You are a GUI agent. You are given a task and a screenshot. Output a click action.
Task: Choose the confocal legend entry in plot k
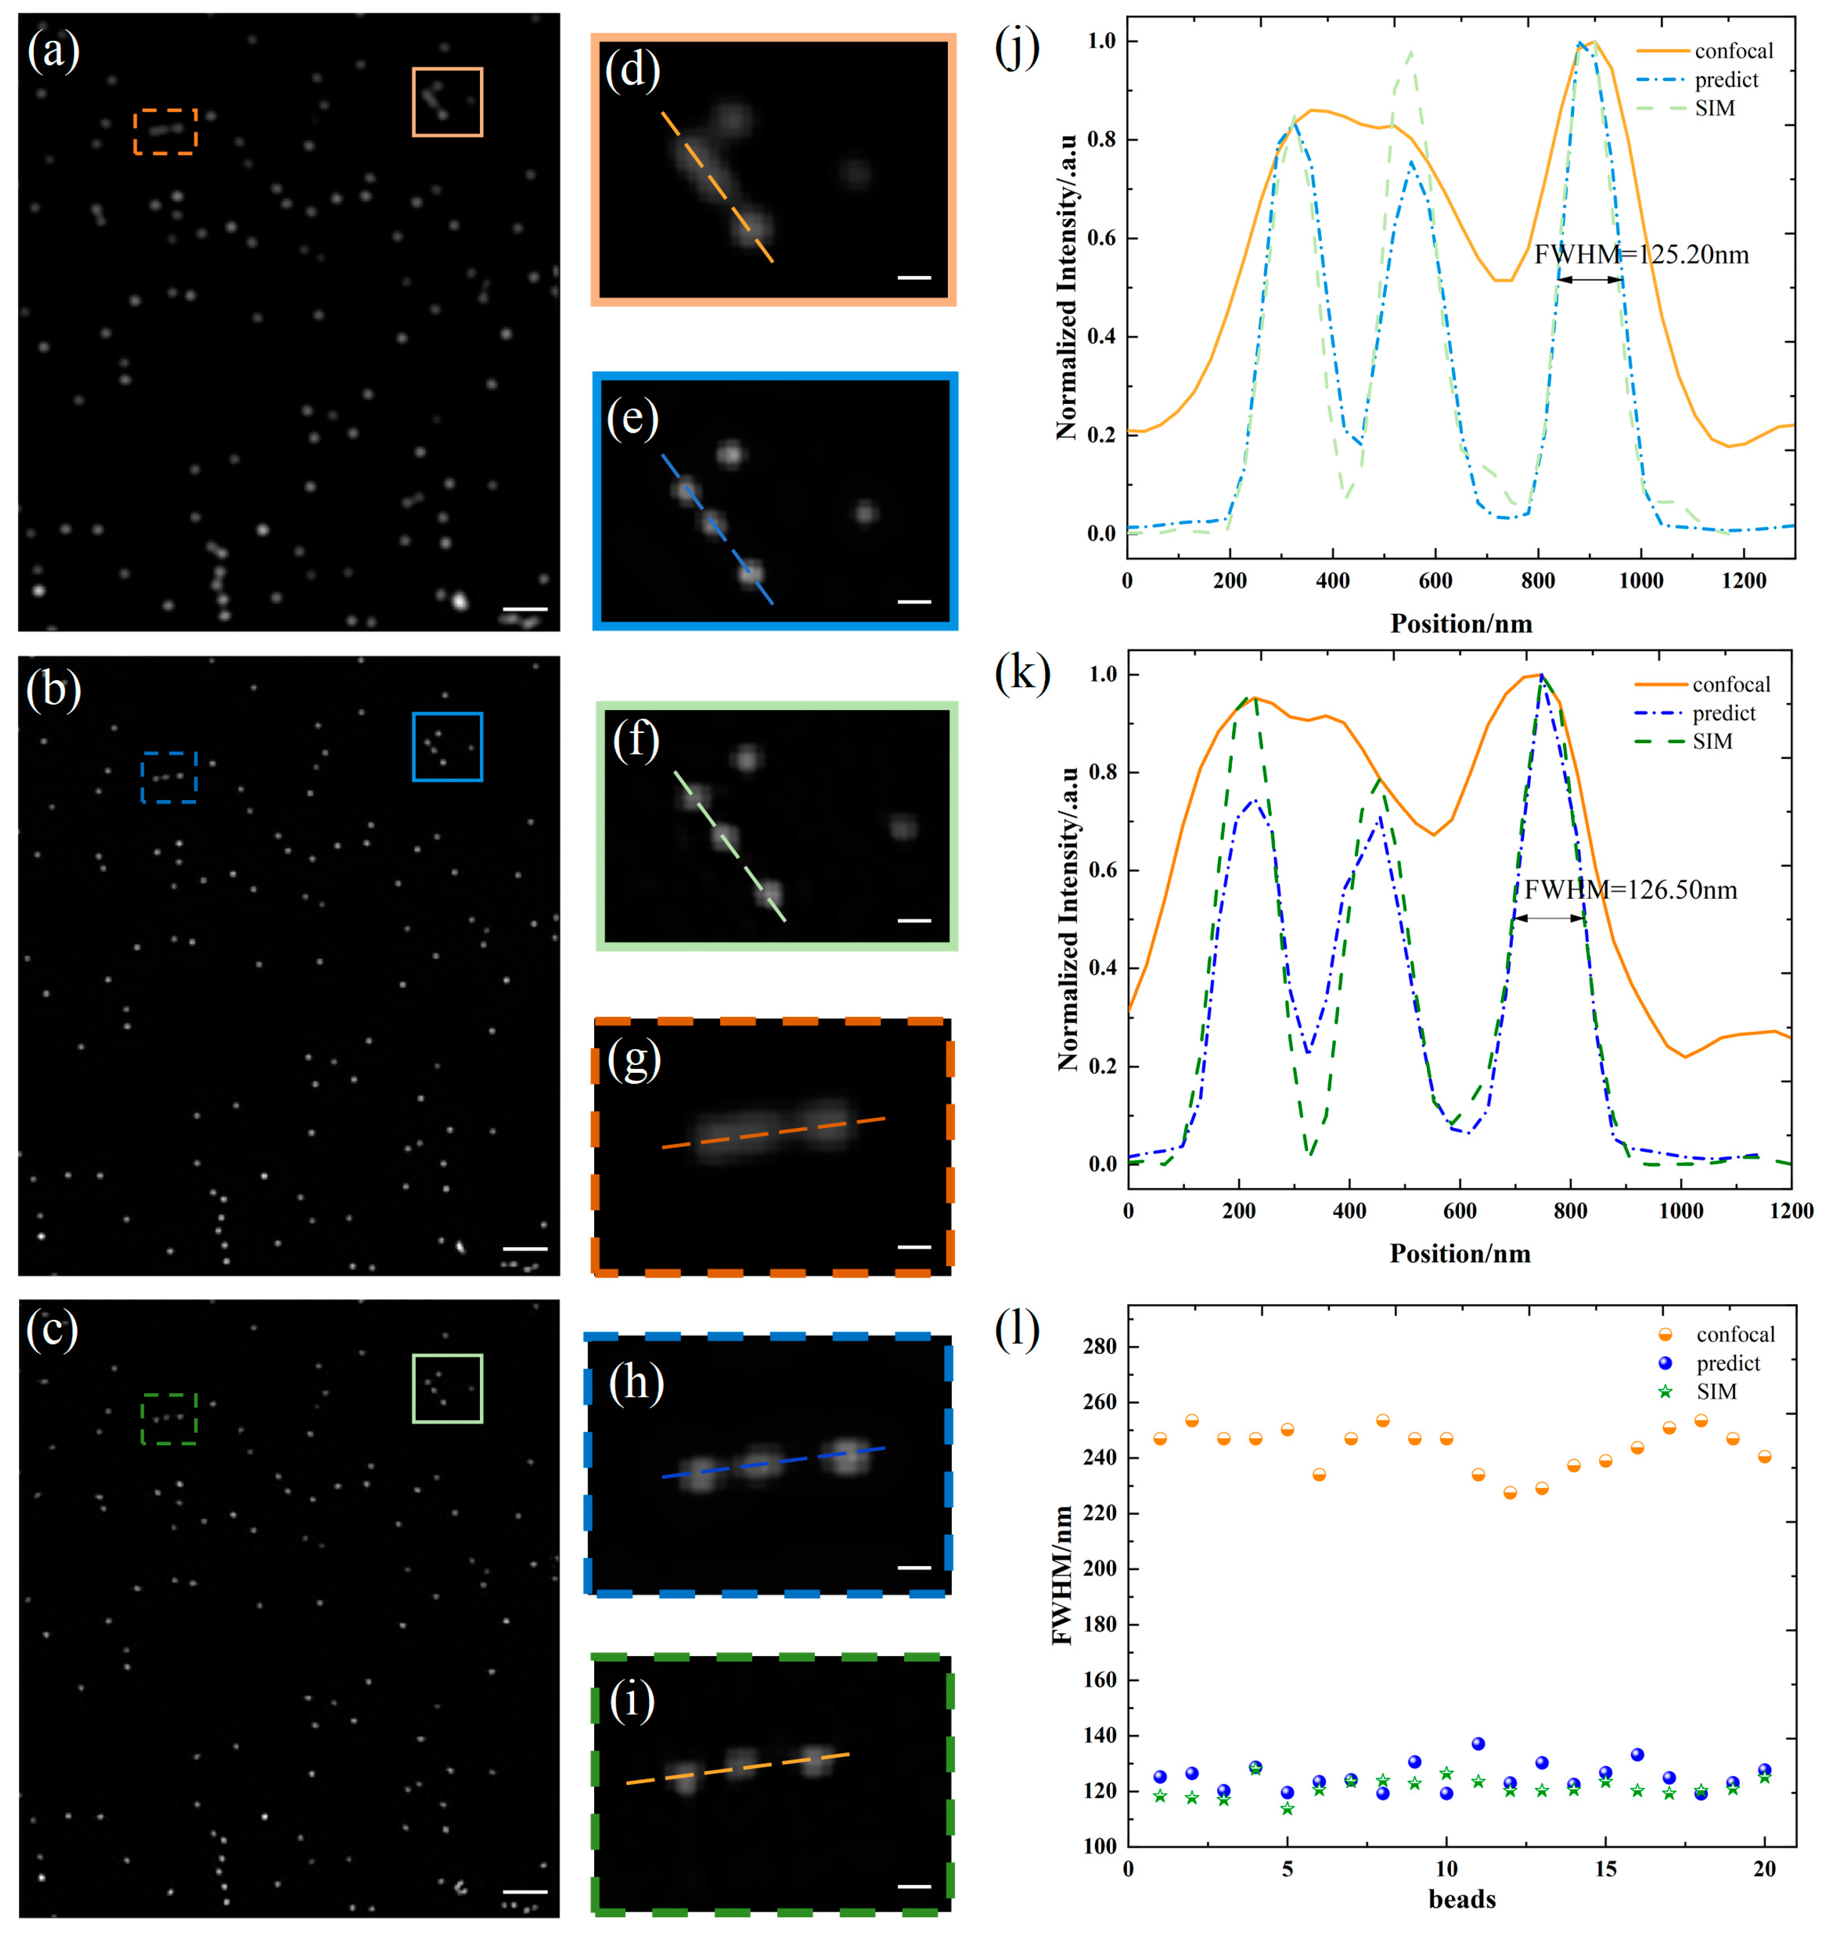(1730, 684)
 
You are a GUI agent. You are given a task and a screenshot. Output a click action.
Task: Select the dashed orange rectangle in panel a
(165, 131)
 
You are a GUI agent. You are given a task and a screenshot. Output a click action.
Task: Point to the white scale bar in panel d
(913, 278)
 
